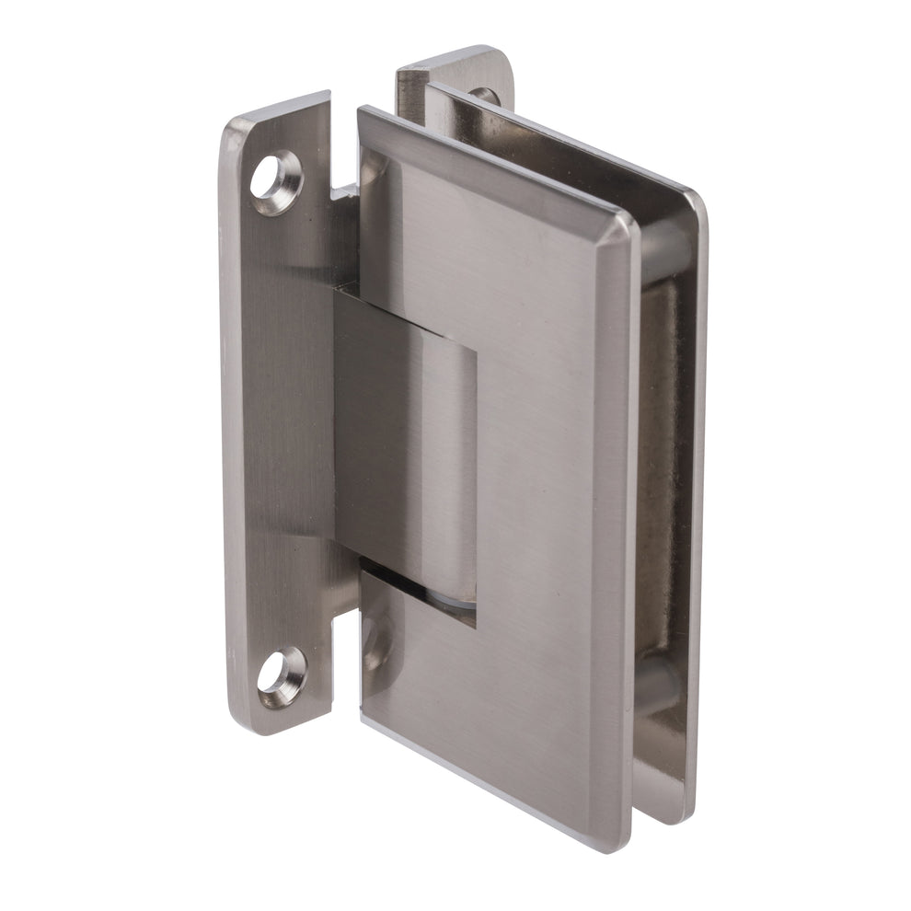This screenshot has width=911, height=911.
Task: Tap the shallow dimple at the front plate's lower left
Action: [376, 640]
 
